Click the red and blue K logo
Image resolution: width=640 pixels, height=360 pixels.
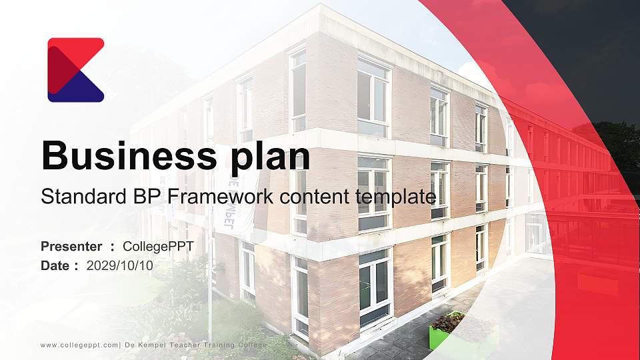tap(75, 69)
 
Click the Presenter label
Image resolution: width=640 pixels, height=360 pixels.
tap(71, 247)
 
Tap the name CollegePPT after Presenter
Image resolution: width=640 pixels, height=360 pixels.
tap(159, 247)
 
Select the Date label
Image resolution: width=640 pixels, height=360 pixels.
tap(55, 266)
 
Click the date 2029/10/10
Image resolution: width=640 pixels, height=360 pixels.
tap(120, 266)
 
